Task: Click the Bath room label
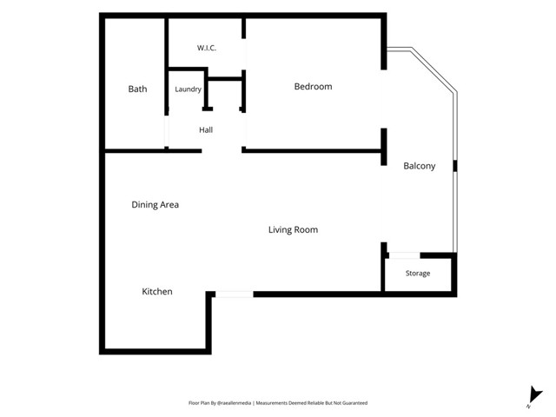tap(137, 89)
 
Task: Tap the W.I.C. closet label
tap(207, 48)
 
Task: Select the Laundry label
tap(188, 89)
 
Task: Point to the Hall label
tap(206, 129)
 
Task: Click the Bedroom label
tap(313, 87)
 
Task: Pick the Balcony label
tap(420, 166)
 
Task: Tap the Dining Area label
tap(155, 205)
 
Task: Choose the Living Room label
tap(293, 229)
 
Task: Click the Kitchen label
tap(157, 292)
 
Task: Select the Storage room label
tap(418, 274)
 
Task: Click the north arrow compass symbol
tap(535, 396)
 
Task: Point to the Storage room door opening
tap(405, 255)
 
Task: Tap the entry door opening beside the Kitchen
tap(235, 295)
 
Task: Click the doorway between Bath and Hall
tap(166, 131)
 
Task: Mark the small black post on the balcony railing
tap(455, 166)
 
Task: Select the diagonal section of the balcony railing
tap(434, 69)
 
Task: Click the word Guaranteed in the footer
tap(355, 403)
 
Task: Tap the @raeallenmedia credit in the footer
tap(234, 403)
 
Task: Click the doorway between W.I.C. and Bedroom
tap(244, 54)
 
